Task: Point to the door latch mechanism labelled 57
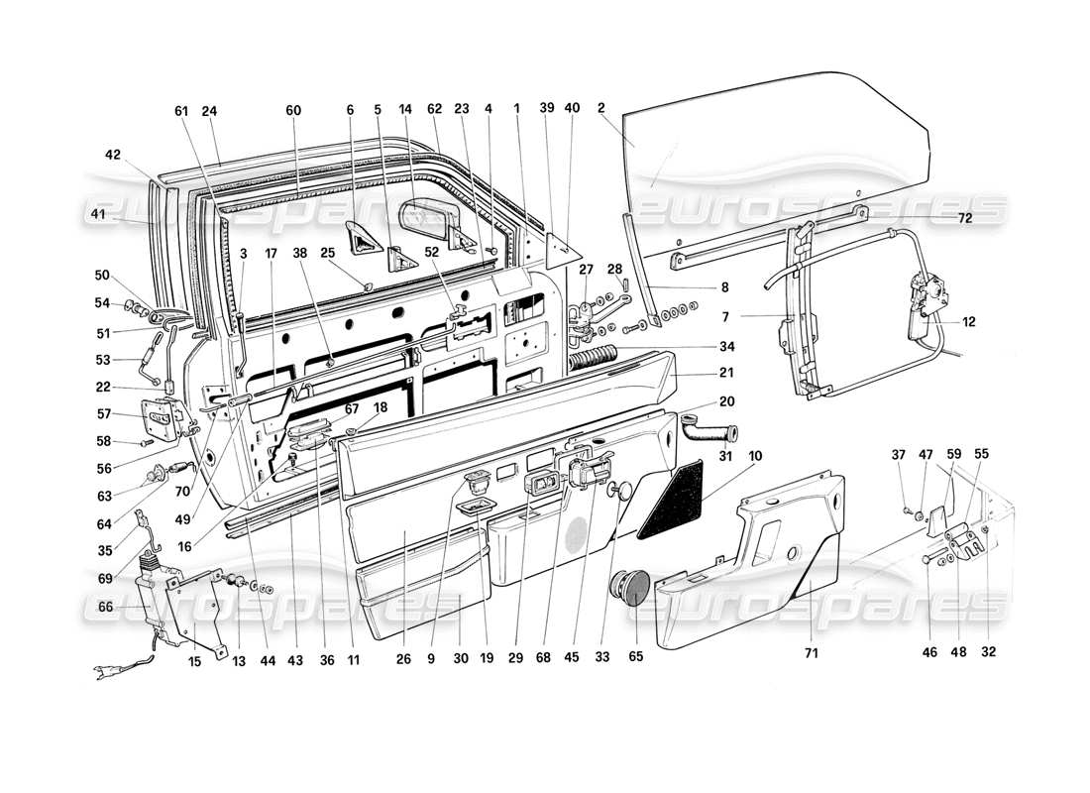click(163, 419)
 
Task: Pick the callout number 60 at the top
click(294, 109)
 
